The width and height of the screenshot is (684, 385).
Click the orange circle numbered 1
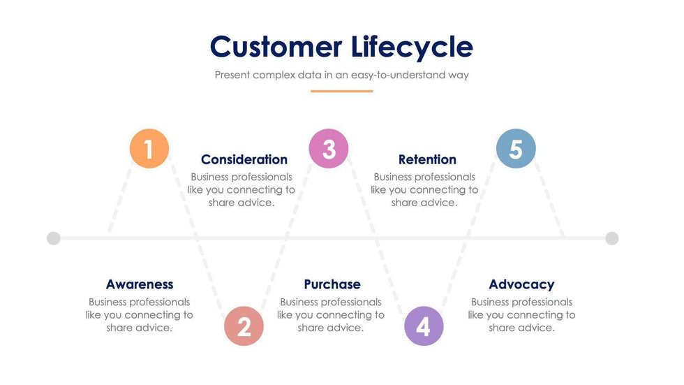tap(149, 149)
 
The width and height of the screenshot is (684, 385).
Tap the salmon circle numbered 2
tap(244, 326)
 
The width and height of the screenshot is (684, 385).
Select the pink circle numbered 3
tap(329, 149)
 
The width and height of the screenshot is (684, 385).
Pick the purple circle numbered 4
tap(424, 326)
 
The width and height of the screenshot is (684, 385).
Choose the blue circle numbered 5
tap(516, 149)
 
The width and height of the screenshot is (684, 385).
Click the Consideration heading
tap(244, 159)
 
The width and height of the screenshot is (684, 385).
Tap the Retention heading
tap(427, 159)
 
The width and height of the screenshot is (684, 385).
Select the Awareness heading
tap(140, 284)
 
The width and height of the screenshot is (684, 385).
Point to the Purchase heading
tap(332, 284)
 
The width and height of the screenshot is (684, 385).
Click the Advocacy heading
tap(521, 284)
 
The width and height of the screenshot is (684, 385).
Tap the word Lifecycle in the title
tap(412, 47)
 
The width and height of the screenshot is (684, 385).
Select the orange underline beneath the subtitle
tap(341, 91)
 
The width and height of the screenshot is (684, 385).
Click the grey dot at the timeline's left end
tap(54, 238)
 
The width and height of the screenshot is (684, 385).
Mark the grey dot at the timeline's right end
tap(612, 238)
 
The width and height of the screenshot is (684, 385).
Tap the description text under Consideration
tap(241, 190)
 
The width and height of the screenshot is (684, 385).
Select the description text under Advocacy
tap(521, 314)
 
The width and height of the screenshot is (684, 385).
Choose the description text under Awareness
tap(140, 314)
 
